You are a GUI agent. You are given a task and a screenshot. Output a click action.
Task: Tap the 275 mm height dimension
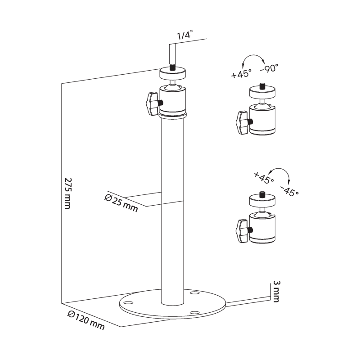click(x=68, y=193)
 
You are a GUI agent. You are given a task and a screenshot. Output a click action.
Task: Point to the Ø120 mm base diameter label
click(x=86, y=320)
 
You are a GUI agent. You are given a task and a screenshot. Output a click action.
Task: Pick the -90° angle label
click(x=269, y=68)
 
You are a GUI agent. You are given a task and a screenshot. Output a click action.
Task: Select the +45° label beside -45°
click(x=264, y=178)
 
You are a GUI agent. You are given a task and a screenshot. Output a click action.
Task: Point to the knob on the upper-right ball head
click(x=242, y=122)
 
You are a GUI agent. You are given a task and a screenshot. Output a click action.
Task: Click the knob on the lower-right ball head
click(x=242, y=231)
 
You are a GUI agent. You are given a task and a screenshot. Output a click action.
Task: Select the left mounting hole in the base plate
click(x=129, y=302)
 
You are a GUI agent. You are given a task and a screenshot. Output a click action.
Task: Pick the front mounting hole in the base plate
click(x=195, y=313)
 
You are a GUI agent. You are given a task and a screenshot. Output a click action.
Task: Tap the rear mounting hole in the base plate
click(x=195, y=293)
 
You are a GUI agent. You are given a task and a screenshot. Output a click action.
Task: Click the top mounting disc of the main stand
click(x=173, y=73)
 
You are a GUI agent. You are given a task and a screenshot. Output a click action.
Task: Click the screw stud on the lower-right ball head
click(x=262, y=195)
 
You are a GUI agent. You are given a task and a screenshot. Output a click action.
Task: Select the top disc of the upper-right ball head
click(x=262, y=92)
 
